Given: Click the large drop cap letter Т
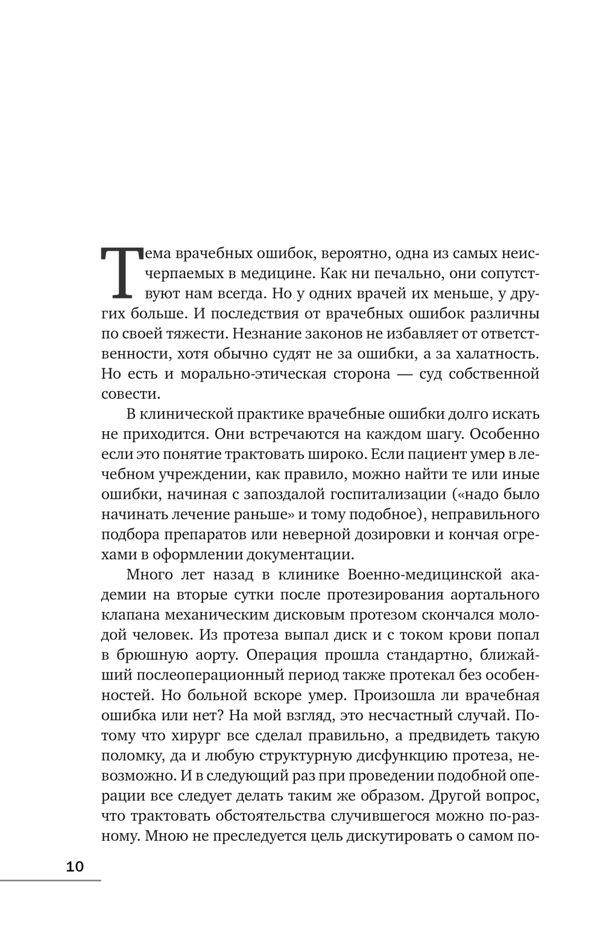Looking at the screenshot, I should [x=123, y=273].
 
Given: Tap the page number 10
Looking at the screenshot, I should [x=75, y=867].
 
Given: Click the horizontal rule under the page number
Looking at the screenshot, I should [x=51, y=881].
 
